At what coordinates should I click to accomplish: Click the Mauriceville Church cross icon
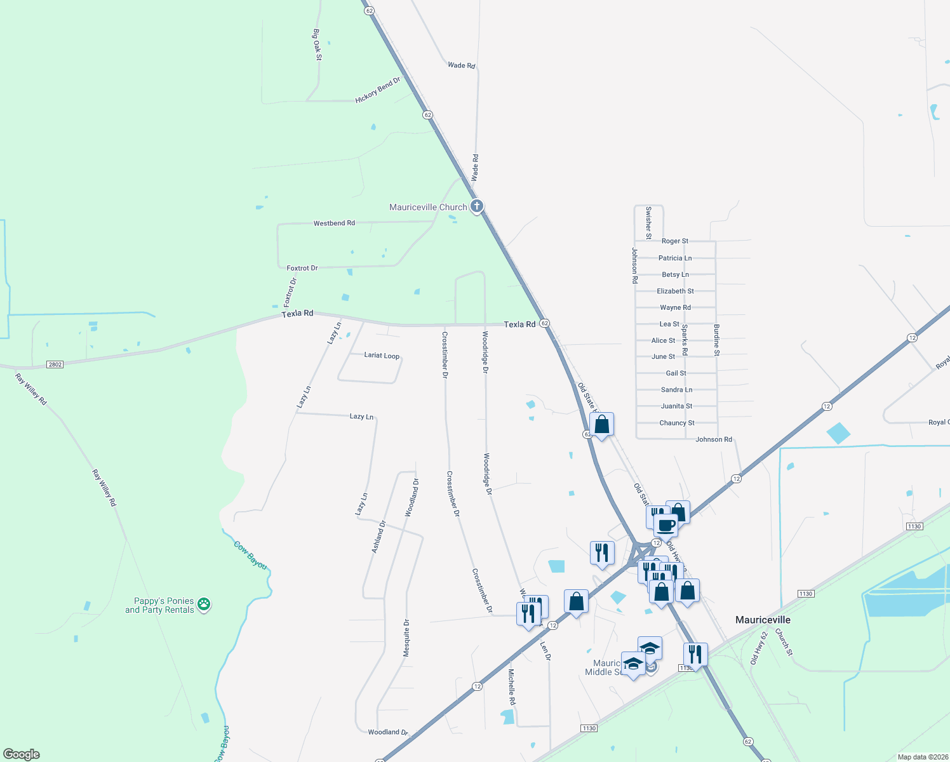pyautogui.click(x=477, y=206)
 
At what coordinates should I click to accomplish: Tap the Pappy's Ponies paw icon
pyautogui.click(x=204, y=604)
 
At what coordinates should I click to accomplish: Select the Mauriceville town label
pyautogui.click(x=763, y=620)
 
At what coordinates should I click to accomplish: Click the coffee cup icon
pyautogui.click(x=666, y=526)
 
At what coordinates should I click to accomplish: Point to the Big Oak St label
pyautogui.click(x=318, y=44)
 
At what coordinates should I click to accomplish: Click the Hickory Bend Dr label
pyautogui.click(x=378, y=90)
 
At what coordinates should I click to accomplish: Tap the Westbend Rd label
pyautogui.click(x=334, y=224)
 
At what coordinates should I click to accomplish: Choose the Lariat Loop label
pyautogui.click(x=382, y=356)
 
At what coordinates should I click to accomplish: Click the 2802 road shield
pyautogui.click(x=55, y=364)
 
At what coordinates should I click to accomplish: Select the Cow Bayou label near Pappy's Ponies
pyautogui.click(x=250, y=555)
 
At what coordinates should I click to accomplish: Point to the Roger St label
pyautogui.click(x=674, y=241)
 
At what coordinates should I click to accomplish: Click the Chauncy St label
pyautogui.click(x=677, y=423)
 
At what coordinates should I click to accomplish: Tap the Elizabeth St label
pyautogui.click(x=675, y=291)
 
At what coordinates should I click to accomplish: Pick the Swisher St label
pyautogui.click(x=648, y=222)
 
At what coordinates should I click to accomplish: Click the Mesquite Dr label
pyautogui.click(x=407, y=638)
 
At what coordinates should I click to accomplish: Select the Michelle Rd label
pyautogui.click(x=511, y=686)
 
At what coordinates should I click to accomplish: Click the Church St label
pyautogui.click(x=784, y=642)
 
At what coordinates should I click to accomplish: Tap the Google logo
pyautogui.click(x=21, y=754)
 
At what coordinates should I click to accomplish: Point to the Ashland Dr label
pyautogui.click(x=378, y=537)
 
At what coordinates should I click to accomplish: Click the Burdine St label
pyautogui.click(x=716, y=340)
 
